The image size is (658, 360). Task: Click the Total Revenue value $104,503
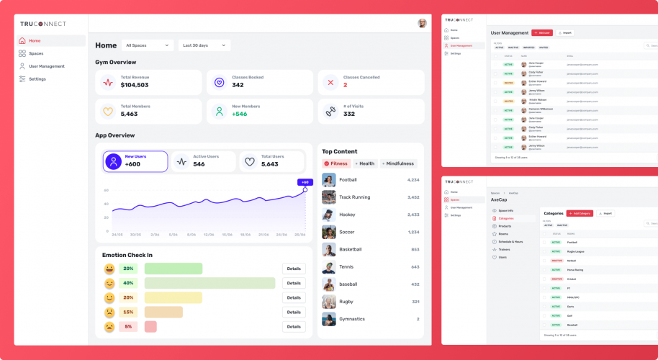coord(135,85)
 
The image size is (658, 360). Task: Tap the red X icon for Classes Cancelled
coord(330,82)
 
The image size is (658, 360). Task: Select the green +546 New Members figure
coord(239,114)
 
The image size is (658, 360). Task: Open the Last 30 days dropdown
coord(204,45)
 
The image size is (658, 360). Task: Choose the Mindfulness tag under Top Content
coord(398,163)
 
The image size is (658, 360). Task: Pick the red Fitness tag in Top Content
coord(335,163)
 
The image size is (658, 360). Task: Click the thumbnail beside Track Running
coord(329,197)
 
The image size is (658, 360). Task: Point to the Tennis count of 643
coord(415,267)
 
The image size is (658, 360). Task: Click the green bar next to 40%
coord(209,283)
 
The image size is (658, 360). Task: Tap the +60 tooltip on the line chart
coord(305,182)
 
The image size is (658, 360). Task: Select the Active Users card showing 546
coord(204,161)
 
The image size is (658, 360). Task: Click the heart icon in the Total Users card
coord(250,161)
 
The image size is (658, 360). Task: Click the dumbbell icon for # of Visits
coord(330,111)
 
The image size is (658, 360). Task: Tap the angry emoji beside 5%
coord(109,327)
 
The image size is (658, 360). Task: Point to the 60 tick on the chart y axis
coord(107,191)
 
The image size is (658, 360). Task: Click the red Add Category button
coord(580,213)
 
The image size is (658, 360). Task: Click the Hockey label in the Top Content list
coord(347,215)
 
